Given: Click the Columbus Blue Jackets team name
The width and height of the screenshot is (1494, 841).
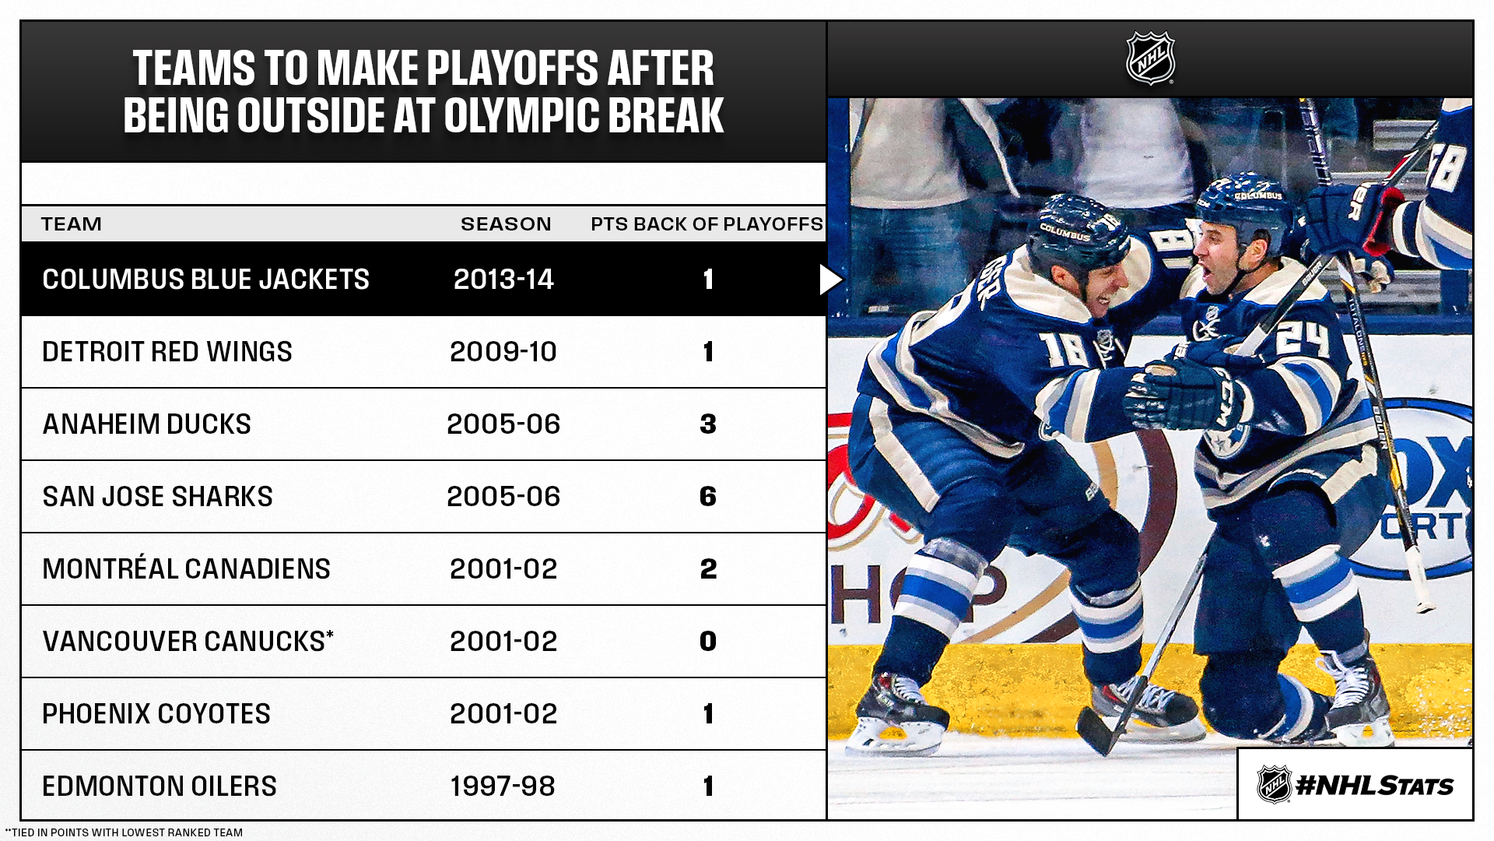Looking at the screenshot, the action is coord(205,280).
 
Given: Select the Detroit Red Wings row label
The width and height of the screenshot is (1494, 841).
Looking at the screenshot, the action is coord(167,352).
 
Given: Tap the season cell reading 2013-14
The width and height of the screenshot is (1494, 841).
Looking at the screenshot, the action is coord(503,280).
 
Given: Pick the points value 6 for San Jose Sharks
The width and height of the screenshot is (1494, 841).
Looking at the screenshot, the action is coord(707,497).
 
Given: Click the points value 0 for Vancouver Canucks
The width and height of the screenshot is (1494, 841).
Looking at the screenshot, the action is coord(707,642).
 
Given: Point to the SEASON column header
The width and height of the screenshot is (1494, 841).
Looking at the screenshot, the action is coord(506,224).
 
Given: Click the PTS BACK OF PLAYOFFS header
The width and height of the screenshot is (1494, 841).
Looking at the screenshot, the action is coord(707,224).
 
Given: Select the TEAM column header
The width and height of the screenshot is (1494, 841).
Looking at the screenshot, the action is coord(72,224).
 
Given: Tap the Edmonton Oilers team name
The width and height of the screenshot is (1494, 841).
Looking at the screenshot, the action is coord(160,786).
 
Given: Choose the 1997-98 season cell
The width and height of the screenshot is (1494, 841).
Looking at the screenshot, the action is coord(503,786).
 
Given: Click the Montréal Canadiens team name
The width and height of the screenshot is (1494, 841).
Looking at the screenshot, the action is coord(186,569).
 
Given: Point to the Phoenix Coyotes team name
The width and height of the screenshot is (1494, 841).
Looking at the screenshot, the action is coord(156,714).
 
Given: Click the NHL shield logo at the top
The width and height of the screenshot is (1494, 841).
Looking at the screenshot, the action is coord(1150,58).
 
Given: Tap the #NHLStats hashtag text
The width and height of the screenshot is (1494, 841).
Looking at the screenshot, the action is coord(1374,786).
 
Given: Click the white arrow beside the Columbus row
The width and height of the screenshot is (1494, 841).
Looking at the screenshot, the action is coord(830,280).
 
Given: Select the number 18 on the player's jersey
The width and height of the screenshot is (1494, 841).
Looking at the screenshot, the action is coord(1066,349).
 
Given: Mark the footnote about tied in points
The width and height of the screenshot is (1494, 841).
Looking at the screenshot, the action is coord(124,832).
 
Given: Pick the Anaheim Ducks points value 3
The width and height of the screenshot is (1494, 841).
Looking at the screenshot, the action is coord(707,424).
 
